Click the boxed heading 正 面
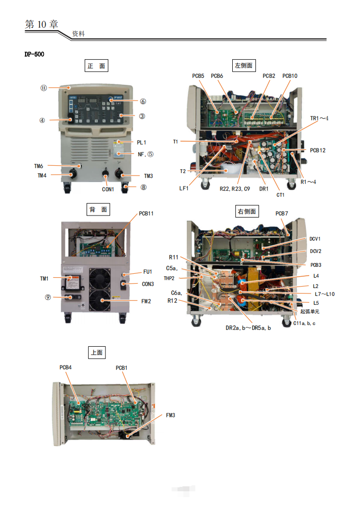pos(97,66)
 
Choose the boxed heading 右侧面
pos(247,212)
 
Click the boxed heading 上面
pos(97,352)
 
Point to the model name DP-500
pos(34,54)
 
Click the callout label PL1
pos(142,143)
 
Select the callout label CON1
pos(108,189)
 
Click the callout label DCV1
pos(316,239)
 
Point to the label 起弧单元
pos(311,312)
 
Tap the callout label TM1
pos(45,279)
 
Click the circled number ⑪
pos(43,88)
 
